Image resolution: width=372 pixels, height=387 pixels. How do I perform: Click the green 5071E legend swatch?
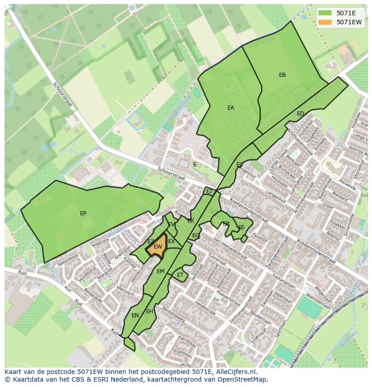(326, 13)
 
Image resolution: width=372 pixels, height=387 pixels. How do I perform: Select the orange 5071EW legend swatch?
(326, 22)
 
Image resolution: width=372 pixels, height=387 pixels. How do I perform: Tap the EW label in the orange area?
(158, 247)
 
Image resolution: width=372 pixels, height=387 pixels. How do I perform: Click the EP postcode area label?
(83, 214)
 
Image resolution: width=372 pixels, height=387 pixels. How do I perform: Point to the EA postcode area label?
(230, 108)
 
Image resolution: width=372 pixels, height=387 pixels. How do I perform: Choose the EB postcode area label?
(282, 75)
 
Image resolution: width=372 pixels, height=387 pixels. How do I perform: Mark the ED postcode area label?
(301, 114)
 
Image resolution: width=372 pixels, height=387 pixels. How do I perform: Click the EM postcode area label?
(160, 271)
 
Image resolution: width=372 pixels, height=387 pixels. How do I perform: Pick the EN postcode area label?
(135, 316)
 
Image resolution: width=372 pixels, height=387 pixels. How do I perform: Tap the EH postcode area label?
(150, 311)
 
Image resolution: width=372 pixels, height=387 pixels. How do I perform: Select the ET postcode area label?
(180, 275)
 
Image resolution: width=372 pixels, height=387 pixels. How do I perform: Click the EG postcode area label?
(196, 236)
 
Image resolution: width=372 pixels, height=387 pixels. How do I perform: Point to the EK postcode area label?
(190, 221)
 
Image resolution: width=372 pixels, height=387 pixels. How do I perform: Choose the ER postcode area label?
(226, 224)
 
